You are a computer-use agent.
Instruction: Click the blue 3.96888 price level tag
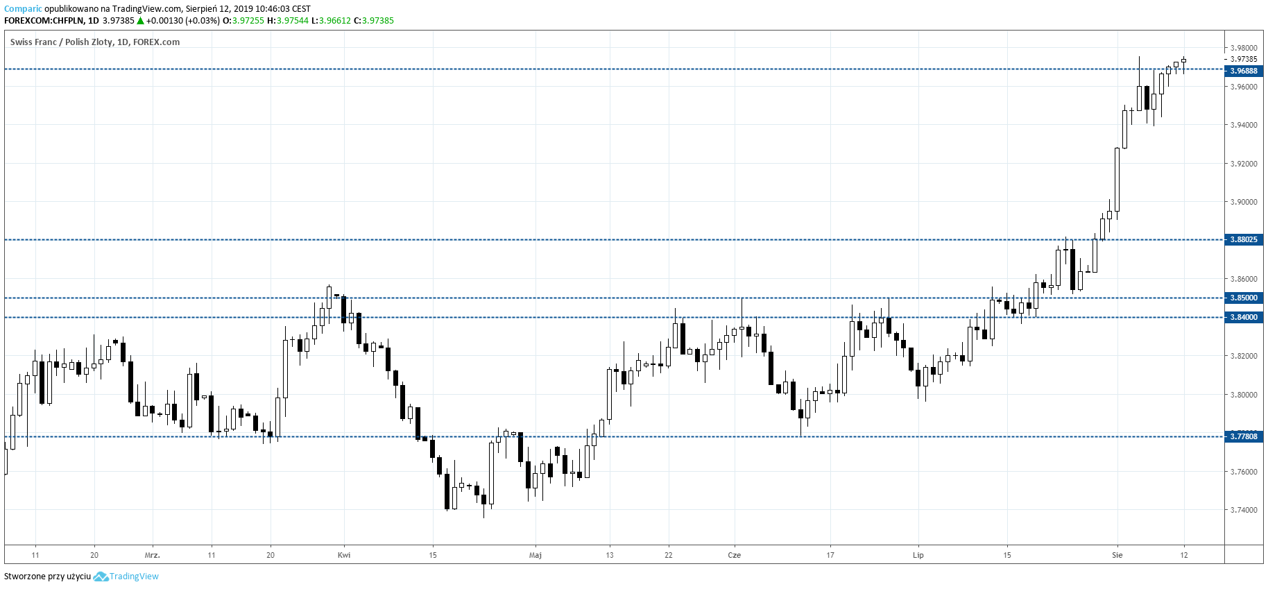click(1244, 71)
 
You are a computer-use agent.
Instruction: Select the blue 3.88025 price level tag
click(1244, 239)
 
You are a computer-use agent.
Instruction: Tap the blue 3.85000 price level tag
click(1244, 298)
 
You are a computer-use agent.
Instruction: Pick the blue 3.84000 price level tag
click(1244, 317)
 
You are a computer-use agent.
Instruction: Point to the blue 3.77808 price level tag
click(1244, 436)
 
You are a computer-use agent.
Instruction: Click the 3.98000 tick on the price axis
click(1244, 48)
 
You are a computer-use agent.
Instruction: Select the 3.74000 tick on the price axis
click(1244, 510)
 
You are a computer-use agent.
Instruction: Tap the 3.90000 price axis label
click(1244, 202)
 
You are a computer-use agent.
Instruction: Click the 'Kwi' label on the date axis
click(344, 555)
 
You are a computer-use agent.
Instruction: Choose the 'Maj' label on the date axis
click(536, 555)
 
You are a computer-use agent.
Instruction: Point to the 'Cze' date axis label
click(735, 555)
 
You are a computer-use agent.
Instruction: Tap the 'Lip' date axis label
click(918, 555)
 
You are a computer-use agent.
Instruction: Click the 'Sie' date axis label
click(1117, 555)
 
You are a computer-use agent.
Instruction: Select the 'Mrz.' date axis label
click(153, 555)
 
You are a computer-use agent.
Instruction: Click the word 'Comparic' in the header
click(23, 9)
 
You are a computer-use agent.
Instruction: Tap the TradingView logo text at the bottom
click(134, 577)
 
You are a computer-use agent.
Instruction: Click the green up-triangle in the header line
click(140, 21)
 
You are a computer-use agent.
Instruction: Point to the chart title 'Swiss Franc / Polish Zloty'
click(61, 42)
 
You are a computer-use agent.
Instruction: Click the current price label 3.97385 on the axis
click(1244, 59)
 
